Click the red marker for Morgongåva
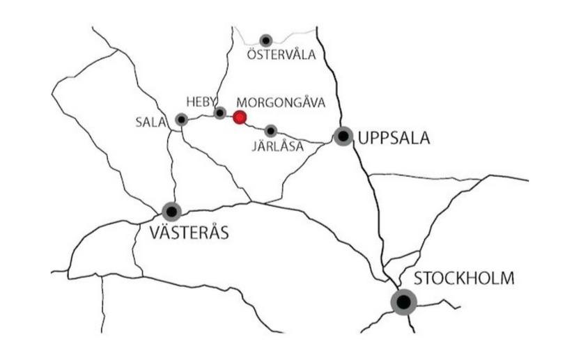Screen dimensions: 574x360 [240, 117]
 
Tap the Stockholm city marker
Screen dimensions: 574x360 [403, 302]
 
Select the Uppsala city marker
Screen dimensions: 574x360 [343, 136]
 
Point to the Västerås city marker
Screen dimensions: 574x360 [171, 211]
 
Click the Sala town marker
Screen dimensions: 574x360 [182, 120]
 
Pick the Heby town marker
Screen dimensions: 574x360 [220, 112]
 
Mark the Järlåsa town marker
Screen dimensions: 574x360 [271, 130]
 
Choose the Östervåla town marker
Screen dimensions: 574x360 [265, 40]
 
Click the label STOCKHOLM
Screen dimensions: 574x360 [464, 279]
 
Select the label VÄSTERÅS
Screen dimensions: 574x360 [189, 233]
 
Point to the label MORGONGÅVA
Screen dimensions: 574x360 [281, 102]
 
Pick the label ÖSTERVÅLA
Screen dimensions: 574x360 [281, 55]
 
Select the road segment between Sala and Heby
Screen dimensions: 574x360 [201, 116]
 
